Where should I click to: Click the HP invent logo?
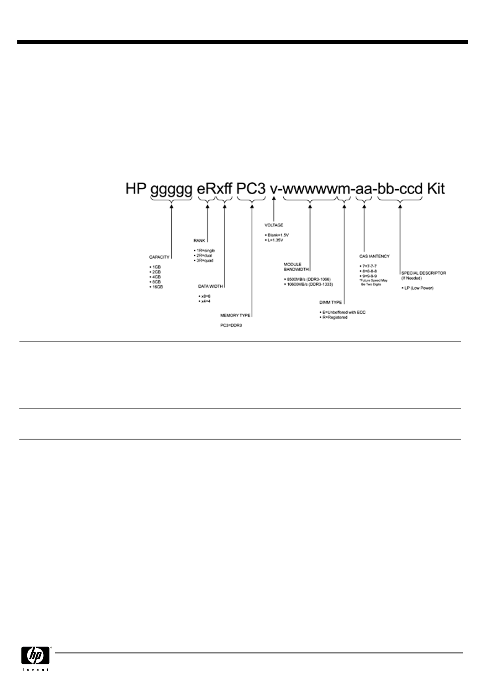[x=35, y=658]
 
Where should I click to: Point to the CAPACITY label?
[x=159, y=257]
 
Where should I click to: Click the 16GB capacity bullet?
[x=157, y=287]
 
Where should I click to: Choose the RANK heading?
[x=199, y=240]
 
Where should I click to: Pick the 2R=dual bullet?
[x=205, y=255]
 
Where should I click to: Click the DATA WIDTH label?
[x=210, y=286]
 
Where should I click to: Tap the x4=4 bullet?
[x=205, y=301]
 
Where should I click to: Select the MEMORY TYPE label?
[x=235, y=315]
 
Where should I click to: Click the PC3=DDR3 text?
[x=231, y=325]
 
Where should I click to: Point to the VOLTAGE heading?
[x=273, y=225]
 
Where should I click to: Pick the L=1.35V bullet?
[x=278, y=240]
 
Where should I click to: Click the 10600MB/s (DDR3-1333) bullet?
[x=310, y=284]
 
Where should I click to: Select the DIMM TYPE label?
[x=331, y=302]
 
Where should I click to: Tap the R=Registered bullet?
[x=334, y=317]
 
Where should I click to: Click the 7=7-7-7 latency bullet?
[x=368, y=266]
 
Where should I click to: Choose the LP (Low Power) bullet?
[x=418, y=288]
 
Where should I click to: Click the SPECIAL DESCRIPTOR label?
[x=424, y=273]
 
